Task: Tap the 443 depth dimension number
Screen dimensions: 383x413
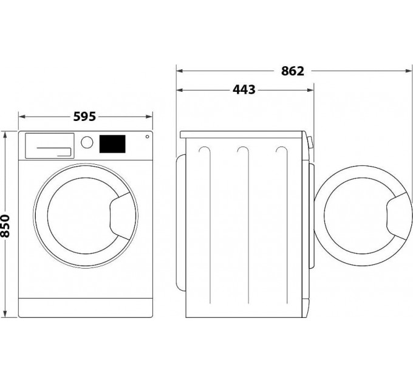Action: tap(244, 90)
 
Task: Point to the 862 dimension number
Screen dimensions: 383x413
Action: tap(293, 71)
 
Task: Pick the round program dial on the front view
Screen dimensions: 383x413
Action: tap(87, 142)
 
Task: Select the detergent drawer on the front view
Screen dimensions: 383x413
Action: tap(49, 145)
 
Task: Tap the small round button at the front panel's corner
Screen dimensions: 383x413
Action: tap(148, 137)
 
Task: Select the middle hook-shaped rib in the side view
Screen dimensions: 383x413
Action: tap(244, 152)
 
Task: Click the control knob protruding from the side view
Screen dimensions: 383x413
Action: tap(310, 143)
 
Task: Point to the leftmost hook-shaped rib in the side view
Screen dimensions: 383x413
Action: tap(205, 152)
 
